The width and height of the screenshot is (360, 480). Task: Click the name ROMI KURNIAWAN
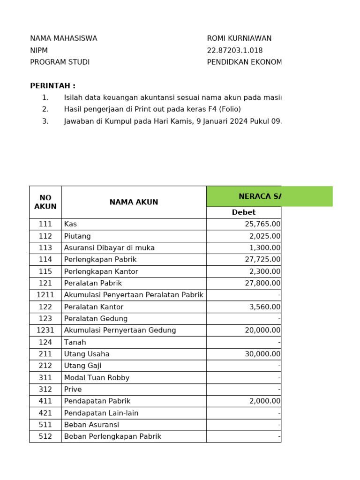pos(239,38)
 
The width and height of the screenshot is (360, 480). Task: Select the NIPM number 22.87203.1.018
pos(234,51)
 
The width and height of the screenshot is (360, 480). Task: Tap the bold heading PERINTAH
pos(52,86)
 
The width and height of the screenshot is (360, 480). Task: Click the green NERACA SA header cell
pos(269,196)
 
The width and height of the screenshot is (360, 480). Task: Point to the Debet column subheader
pos(243,212)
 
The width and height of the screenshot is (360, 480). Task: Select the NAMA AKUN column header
pos(134,202)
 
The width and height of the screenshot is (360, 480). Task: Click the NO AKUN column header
pos(45,202)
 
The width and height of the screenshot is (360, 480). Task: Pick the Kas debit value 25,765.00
pos(262,224)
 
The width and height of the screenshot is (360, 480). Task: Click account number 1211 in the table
pos(45,295)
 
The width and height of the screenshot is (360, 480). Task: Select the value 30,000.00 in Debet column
pos(262,354)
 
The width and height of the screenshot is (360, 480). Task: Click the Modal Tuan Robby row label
pos(97,378)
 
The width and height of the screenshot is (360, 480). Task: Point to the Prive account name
pos(73,390)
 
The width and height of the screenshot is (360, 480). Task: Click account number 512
pos(45,436)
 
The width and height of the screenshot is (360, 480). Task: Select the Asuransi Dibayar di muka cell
pos(109,247)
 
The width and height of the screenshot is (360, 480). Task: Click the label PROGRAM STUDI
pos(60,62)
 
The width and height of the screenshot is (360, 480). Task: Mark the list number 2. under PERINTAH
pos(45,109)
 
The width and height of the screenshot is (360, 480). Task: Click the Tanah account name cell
pos(75,342)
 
